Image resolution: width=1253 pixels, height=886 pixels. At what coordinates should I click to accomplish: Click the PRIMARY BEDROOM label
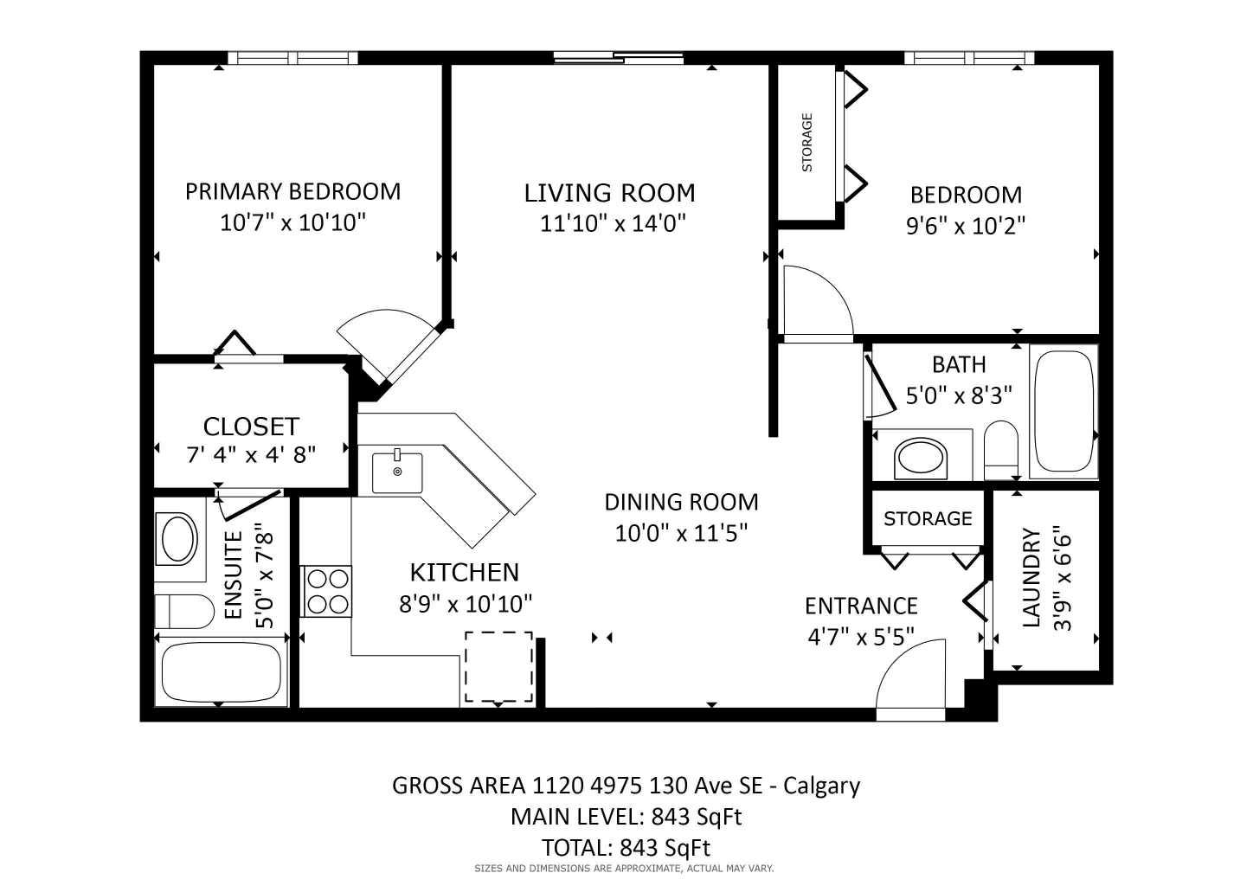292,191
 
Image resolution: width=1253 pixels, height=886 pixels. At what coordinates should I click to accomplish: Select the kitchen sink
397,472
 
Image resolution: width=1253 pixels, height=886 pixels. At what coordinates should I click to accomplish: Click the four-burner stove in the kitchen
326,591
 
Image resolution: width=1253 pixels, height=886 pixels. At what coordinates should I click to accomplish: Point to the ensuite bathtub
221,672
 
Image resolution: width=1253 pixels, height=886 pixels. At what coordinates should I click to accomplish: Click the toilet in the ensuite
184,612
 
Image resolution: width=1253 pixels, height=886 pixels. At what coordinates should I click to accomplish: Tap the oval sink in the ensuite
179,538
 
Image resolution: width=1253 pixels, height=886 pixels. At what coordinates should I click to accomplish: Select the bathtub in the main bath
1063,411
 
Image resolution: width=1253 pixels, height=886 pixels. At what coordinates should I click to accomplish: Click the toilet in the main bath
1001,448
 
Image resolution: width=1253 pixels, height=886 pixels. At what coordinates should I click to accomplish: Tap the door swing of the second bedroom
815,302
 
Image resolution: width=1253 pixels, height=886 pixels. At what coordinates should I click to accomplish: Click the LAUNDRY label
1031,577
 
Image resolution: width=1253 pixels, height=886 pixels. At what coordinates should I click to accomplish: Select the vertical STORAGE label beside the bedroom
806,142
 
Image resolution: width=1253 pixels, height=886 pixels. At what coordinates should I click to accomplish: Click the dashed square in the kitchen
498,666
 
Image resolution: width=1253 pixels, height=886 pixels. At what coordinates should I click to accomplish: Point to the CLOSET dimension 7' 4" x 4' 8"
251,454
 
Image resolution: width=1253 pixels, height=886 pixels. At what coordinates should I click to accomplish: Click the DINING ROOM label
681,502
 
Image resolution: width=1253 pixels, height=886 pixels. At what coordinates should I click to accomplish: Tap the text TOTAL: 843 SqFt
626,847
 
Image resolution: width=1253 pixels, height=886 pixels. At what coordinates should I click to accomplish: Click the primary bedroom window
292,58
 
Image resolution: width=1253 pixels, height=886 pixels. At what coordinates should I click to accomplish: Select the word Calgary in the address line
822,786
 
